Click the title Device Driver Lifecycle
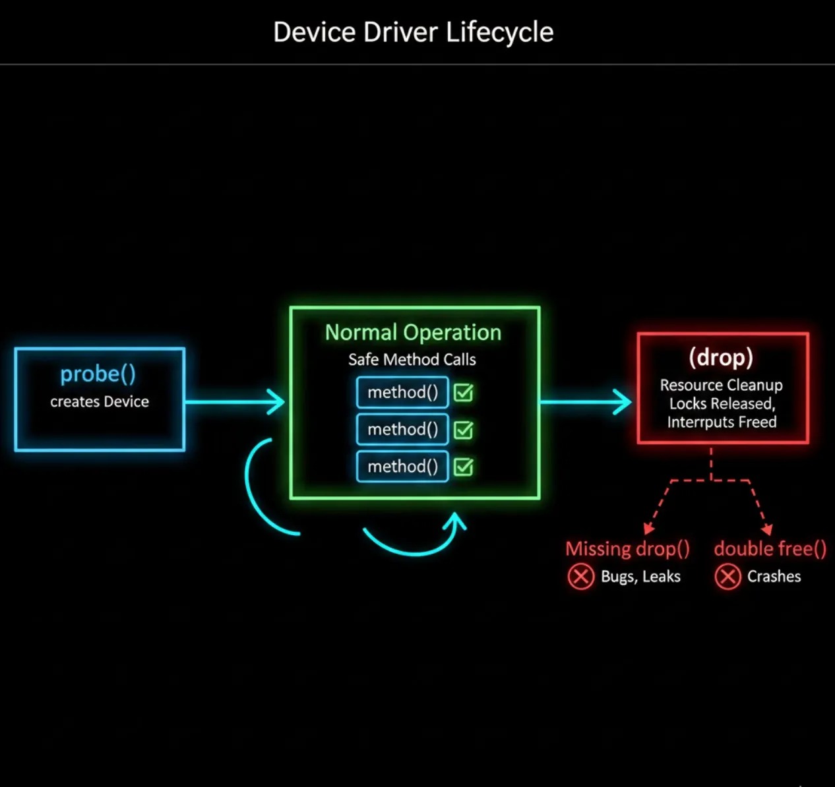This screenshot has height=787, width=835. coord(414,32)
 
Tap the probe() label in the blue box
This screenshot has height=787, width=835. coord(98,374)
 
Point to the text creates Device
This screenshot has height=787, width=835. coord(100,401)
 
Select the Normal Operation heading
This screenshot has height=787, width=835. coord(413,332)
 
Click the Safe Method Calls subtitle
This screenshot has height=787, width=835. coord(412,359)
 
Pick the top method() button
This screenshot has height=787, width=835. coord(402,393)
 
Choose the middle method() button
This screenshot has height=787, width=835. coord(402,430)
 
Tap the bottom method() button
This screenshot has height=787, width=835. coord(402,467)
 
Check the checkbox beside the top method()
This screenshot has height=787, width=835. coord(464,393)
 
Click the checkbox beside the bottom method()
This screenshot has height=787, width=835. coord(464,467)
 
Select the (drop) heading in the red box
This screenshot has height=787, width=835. coord(721,357)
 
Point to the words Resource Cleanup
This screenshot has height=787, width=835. coord(722,385)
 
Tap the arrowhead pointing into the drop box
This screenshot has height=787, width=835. coord(623,401)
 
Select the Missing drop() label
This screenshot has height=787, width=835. coord(627,548)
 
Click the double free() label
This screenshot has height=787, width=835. coord(770,548)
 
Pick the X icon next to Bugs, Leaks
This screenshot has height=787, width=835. coord(580,577)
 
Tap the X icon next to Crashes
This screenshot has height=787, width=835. coord(728,577)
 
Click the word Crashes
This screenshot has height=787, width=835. coord(774,577)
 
